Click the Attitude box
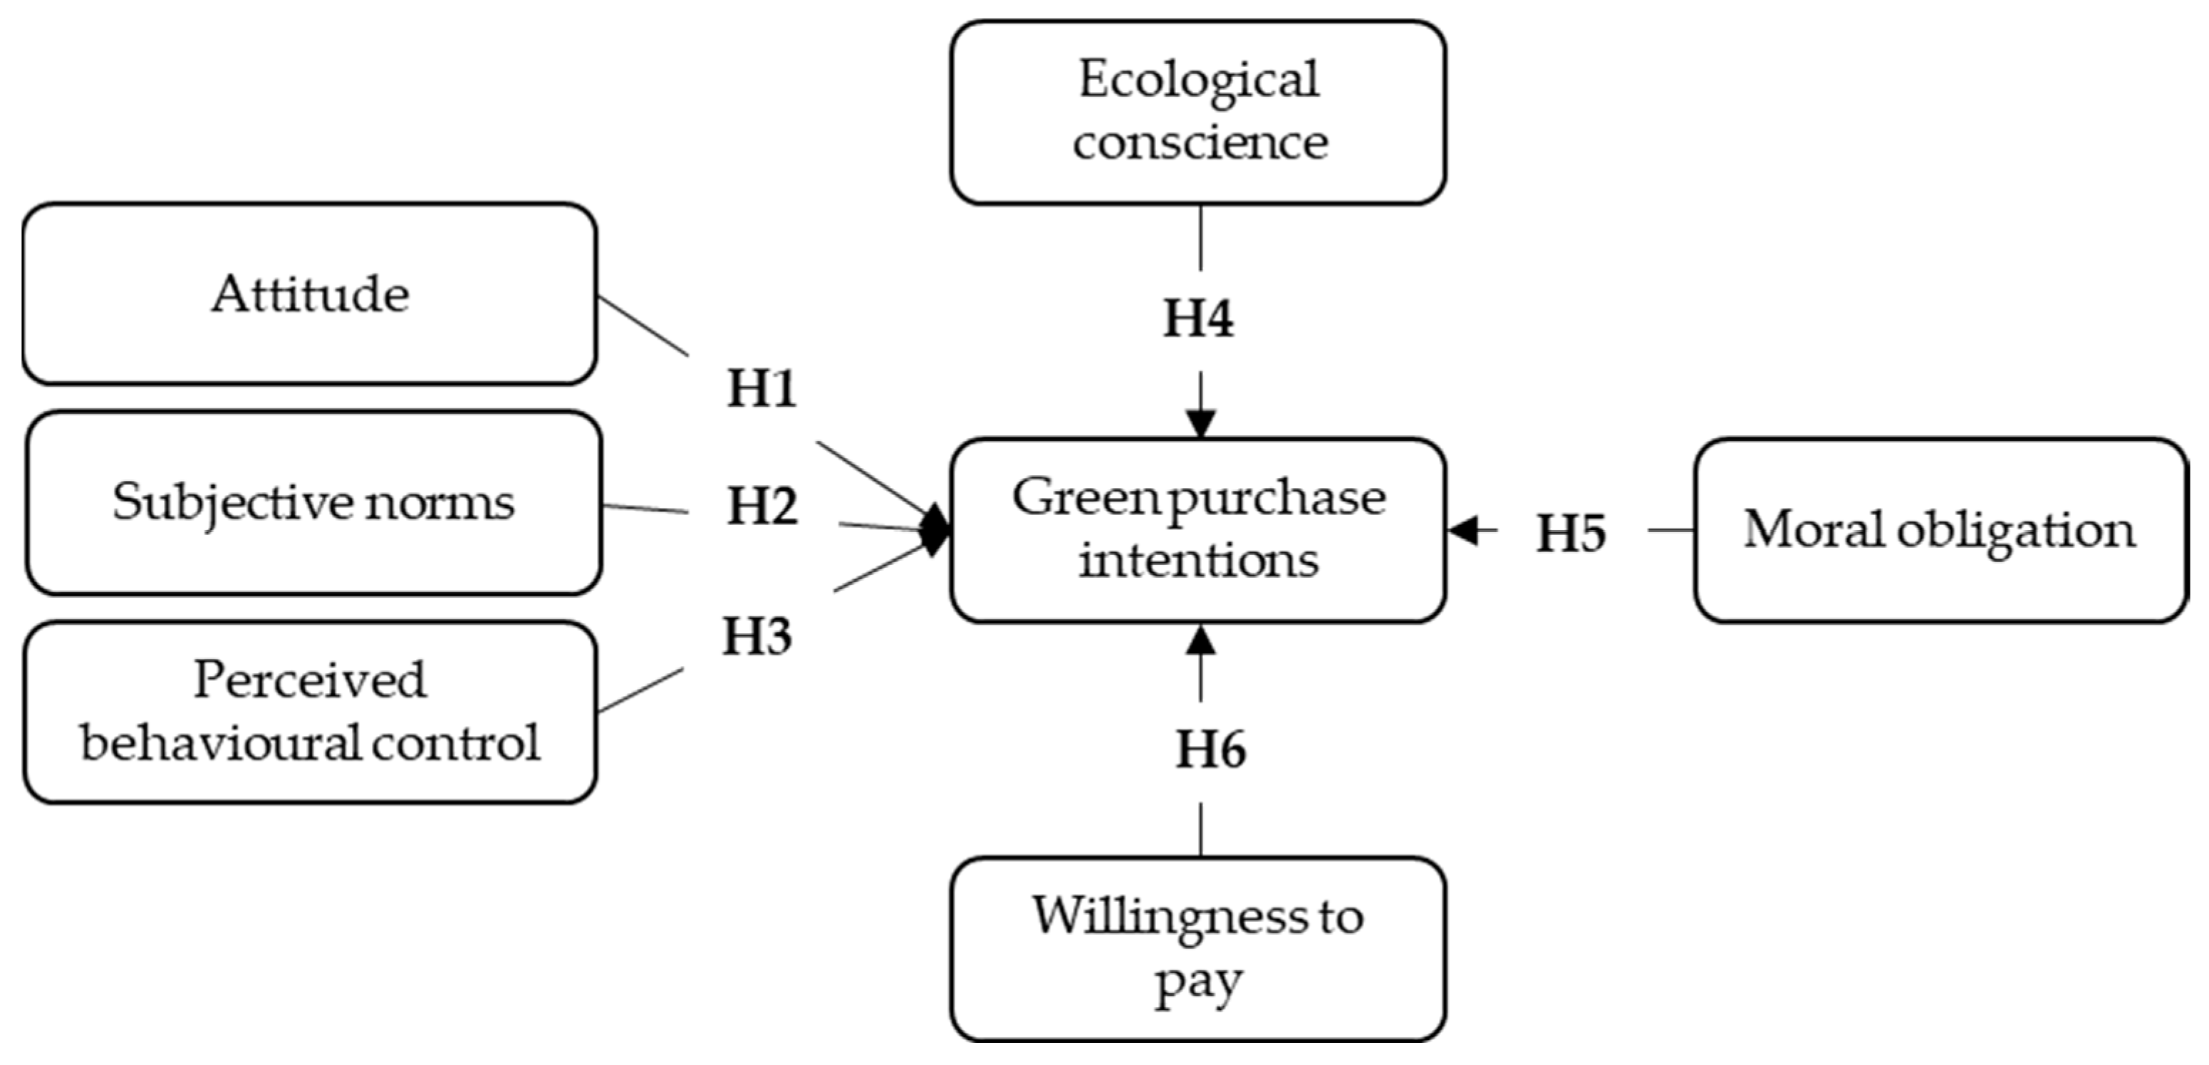point(310,294)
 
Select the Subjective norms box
point(314,502)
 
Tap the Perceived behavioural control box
point(310,712)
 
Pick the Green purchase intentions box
point(1198,530)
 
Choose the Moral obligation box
point(1940,530)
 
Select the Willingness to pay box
point(1198,948)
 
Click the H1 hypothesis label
point(762,388)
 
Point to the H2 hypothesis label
point(762,506)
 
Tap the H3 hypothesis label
point(757,637)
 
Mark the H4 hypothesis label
point(1198,318)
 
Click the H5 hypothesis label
point(1570,534)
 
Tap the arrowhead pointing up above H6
point(1200,640)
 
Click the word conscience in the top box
point(1200,142)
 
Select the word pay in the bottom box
point(1198,982)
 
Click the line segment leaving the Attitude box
point(643,326)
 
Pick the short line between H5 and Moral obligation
point(1670,530)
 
